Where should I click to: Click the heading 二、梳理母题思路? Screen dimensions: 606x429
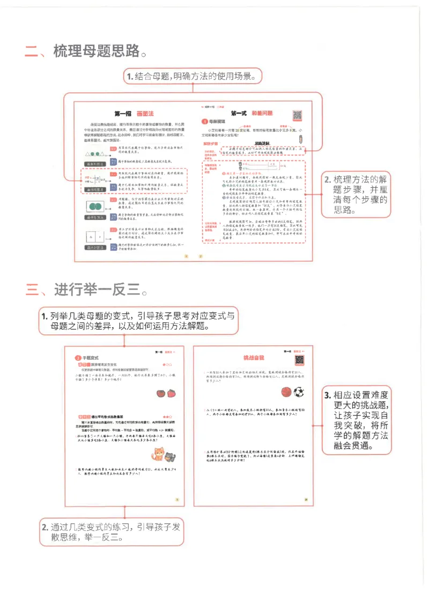pos(86,51)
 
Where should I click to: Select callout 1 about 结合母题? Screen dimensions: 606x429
pos(193,76)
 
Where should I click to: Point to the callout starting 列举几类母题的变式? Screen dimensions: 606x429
pos(138,321)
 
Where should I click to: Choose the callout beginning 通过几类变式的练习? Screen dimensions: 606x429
pos(110,532)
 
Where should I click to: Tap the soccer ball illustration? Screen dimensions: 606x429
pos(299,393)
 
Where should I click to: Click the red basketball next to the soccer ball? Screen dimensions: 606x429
pos(286,393)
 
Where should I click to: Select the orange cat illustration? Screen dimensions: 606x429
pos(159,455)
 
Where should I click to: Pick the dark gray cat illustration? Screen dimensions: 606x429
pos(171,457)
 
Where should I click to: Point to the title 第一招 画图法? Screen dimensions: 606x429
pos(134,114)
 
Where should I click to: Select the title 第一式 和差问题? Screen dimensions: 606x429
pos(252,113)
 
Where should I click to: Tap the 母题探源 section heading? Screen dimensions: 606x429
pos(216,122)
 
